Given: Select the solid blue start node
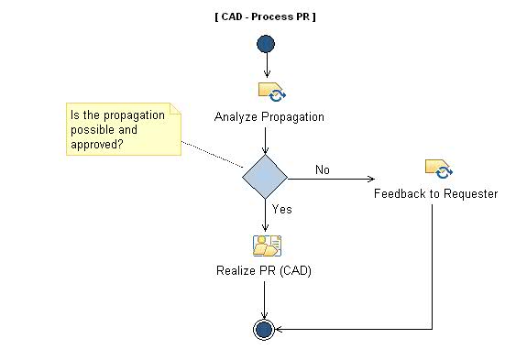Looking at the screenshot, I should [266, 44].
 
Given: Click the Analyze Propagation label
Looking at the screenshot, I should [269, 117].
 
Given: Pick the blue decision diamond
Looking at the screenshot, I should [265, 176].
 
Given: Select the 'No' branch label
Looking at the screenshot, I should [323, 169].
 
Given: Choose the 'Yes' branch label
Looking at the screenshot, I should [282, 209].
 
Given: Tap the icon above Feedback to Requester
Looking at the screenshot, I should [438, 169].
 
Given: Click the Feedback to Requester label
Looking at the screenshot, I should [435, 194].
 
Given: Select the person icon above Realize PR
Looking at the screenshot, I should [266, 245].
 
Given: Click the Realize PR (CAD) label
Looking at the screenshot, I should [264, 270].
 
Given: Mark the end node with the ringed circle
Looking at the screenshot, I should [264, 329].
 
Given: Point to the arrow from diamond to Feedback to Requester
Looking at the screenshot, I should [330, 178].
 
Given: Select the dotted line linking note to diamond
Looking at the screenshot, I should [213, 155].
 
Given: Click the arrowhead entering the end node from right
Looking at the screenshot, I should [280, 329].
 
